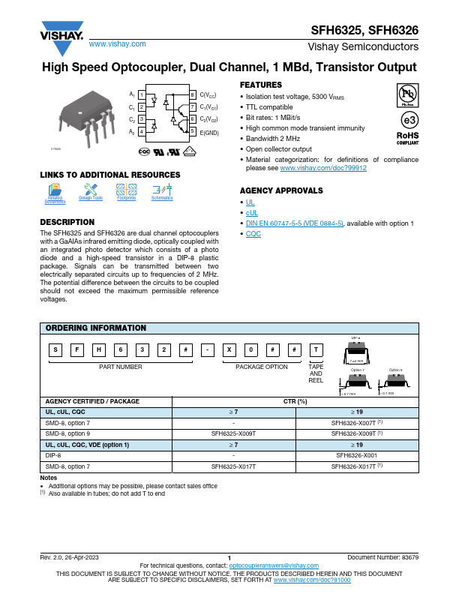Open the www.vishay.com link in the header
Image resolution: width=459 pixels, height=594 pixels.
click(x=117, y=44)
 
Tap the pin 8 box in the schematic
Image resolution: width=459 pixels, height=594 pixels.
click(x=193, y=95)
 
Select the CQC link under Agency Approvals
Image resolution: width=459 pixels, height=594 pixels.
click(x=253, y=234)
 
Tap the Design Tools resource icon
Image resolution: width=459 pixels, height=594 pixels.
click(x=91, y=192)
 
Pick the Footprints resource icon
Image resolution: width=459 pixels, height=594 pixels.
click(x=126, y=192)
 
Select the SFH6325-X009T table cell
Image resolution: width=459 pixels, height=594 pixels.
click(x=234, y=433)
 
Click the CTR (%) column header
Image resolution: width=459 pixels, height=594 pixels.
click(x=295, y=401)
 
